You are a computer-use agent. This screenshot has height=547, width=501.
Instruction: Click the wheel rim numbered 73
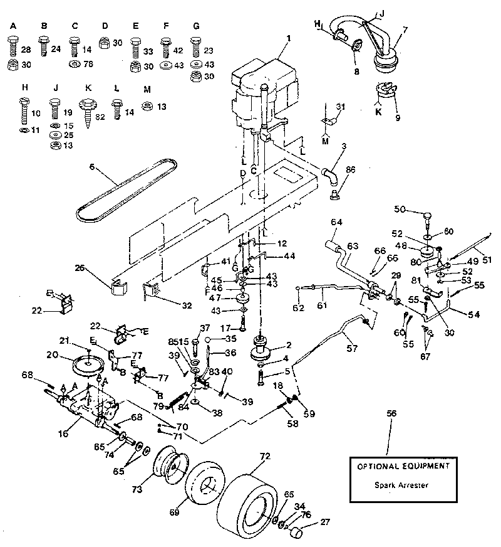168,467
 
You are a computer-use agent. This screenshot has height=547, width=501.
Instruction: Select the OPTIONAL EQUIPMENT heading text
403,467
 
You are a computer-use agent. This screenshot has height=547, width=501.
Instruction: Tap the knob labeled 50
426,218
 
